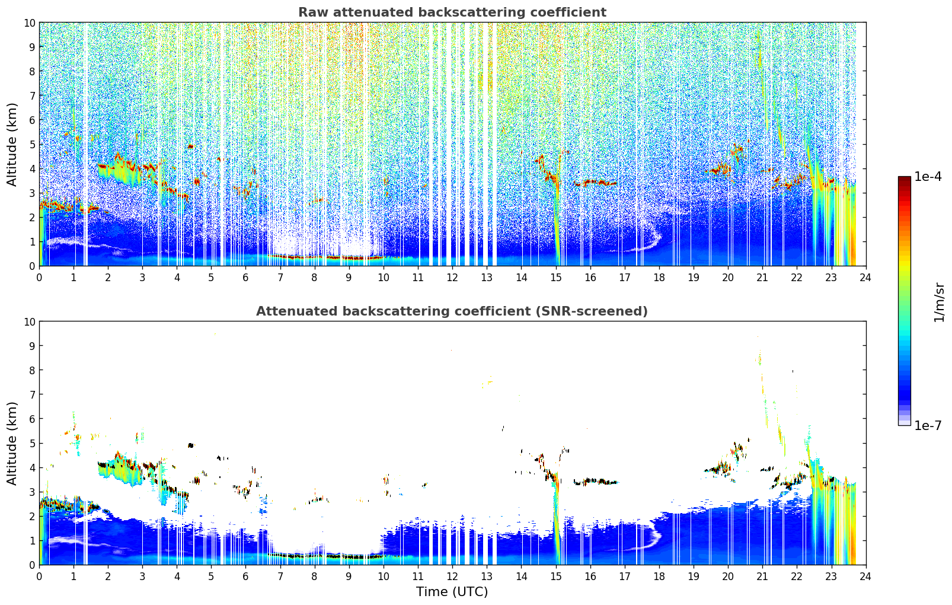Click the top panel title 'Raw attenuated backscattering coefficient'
pyautogui.click(x=452, y=12)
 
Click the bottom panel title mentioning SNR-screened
pyautogui.click(x=452, y=311)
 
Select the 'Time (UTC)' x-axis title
pyautogui.click(x=452, y=592)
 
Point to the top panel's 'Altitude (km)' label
pyautogui.click(x=11, y=145)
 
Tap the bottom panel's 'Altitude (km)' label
pyautogui.click(x=11, y=444)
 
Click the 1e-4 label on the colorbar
pyautogui.click(x=928, y=176)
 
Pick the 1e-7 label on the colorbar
pyautogui.click(x=928, y=426)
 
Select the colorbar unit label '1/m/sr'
pyautogui.click(x=939, y=302)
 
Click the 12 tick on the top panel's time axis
pyautogui.click(x=453, y=278)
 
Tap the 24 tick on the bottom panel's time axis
pyautogui.click(x=865, y=577)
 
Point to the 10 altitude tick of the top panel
pyautogui.click(x=29, y=23)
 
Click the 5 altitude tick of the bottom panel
pyautogui.click(x=32, y=444)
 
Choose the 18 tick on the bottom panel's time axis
pyautogui.click(x=659, y=577)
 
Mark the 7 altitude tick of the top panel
pyautogui.click(x=32, y=95)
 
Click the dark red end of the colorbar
pyautogui.click(x=905, y=178)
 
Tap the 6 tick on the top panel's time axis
pyautogui.click(x=245, y=278)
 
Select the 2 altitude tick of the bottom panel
pyautogui.click(x=32, y=516)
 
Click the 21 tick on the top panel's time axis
pyautogui.click(x=762, y=278)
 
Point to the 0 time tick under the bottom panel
pyautogui.click(x=40, y=577)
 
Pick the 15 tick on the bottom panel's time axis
pyautogui.click(x=556, y=577)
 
